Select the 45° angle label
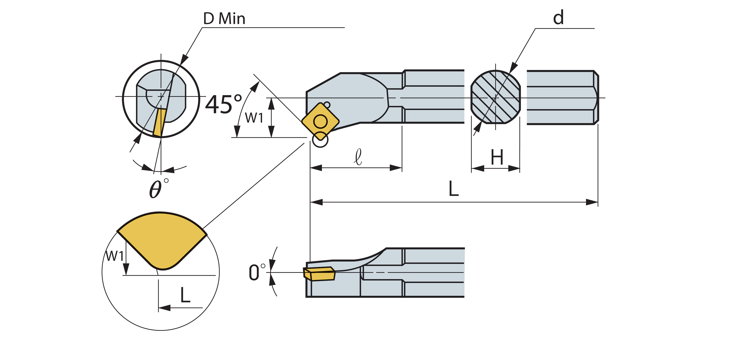(x=223, y=104)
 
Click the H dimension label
(x=497, y=157)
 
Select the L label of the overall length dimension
(x=454, y=189)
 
